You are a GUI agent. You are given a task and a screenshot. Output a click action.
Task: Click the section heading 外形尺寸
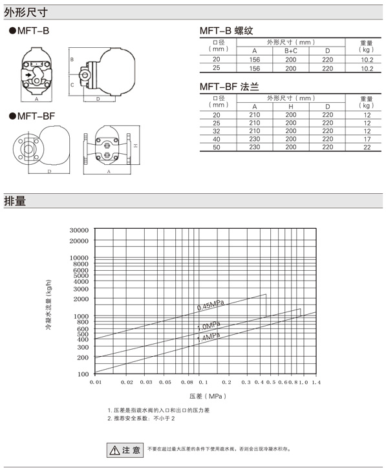pyautogui.click(x=26, y=12)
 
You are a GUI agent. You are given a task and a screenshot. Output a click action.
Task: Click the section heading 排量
pyautogui.click(x=15, y=201)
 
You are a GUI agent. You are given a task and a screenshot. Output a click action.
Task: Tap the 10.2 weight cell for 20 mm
pyautogui.click(x=367, y=59)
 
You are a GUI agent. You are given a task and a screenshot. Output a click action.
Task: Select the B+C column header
pyautogui.click(x=291, y=51)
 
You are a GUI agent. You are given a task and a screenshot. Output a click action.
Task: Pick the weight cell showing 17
pyautogui.click(x=367, y=139)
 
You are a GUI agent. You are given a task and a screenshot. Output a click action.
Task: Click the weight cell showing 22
pyautogui.click(x=367, y=147)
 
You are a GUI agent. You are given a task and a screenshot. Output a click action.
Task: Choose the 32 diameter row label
pyautogui.click(x=217, y=131)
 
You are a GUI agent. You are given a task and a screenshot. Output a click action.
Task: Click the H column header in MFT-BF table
pyautogui.click(x=291, y=107)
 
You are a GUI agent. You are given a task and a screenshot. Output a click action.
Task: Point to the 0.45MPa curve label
pyautogui.click(x=211, y=304)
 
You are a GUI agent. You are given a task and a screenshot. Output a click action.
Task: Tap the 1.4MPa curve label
pyautogui.click(x=209, y=337)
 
